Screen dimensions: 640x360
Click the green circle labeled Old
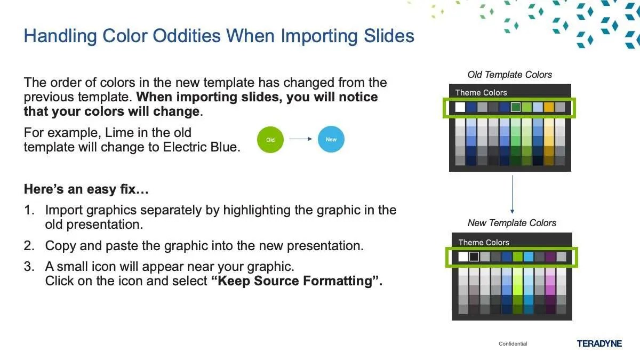coord(270,140)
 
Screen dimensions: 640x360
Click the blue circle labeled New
coord(331,139)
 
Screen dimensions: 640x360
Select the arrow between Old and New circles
coord(300,139)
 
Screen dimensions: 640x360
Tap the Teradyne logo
coord(599,343)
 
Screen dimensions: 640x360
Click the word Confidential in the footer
coord(513,343)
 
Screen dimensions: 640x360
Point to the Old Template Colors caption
coord(510,75)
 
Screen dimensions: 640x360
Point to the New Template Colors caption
coord(512,223)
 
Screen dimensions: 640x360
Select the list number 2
coord(29,246)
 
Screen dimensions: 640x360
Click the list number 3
coord(29,267)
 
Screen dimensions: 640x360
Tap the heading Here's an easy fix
coord(86,189)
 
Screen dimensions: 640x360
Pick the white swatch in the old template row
coord(460,107)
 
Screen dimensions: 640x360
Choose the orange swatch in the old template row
coord(549,107)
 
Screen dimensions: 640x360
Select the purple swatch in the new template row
coord(550,257)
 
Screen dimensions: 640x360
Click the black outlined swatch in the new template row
coord(474,257)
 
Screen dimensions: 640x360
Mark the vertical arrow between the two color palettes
coord(513,194)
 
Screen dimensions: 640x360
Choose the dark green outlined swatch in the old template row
coord(515,107)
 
